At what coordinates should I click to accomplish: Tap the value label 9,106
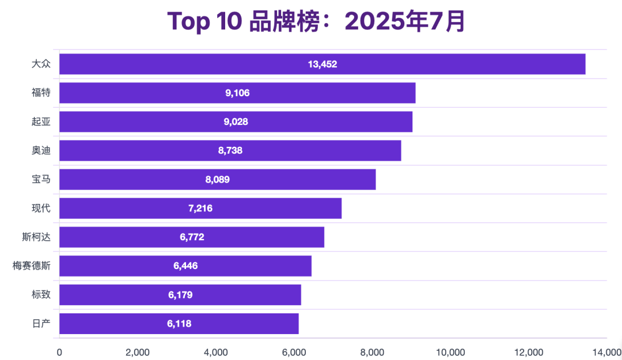click(237, 93)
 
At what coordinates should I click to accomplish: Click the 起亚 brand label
click(41, 122)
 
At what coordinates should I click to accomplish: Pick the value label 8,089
click(217, 179)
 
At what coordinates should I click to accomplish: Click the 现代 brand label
click(41, 208)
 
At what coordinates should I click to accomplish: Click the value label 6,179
click(180, 294)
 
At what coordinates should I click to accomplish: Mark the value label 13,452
click(323, 64)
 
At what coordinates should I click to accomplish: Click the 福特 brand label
click(41, 93)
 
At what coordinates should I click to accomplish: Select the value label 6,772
click(192, 237)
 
